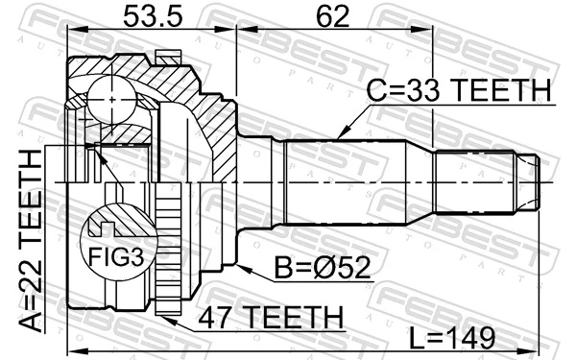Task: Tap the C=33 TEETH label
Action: [459, 91]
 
